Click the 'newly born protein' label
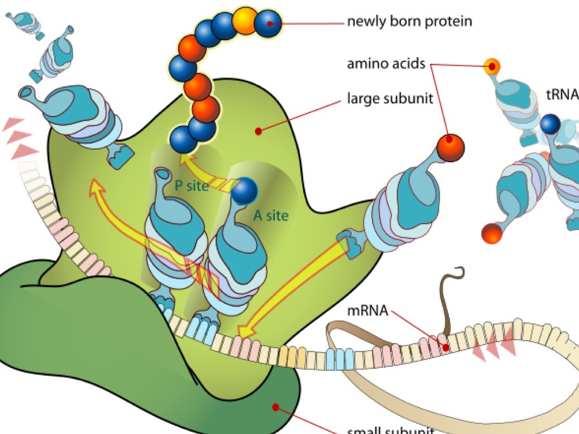[409, 22]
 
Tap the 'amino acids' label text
[386, 64]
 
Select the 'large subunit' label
[390, 99]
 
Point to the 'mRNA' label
[368, 310]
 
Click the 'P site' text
[191, 185]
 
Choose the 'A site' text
[270, 215]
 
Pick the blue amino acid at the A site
[244, 190]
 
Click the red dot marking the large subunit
[258, 131]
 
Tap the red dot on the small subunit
[275, 407]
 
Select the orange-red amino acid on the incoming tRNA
[450, 147]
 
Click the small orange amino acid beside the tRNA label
[492, 67]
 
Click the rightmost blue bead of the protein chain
[267, 23]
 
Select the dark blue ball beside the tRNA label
[550, 124]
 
